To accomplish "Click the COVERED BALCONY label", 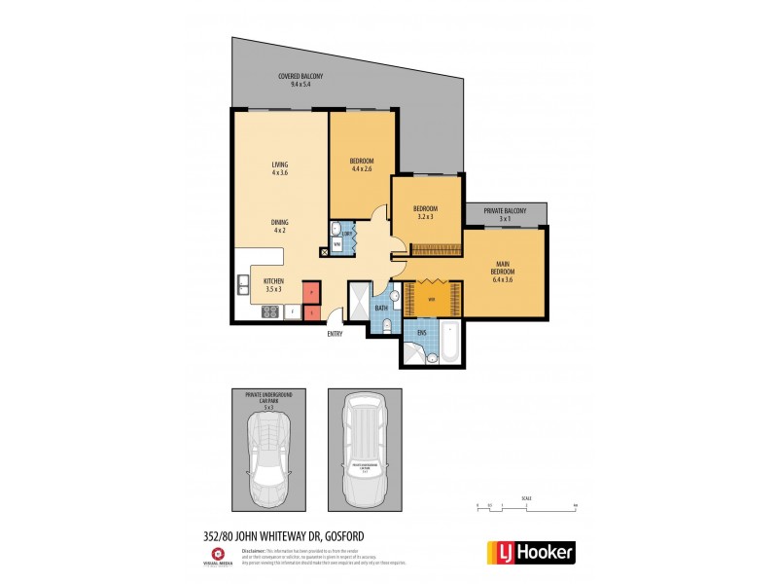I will (300, 80).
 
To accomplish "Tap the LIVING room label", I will (280, 169).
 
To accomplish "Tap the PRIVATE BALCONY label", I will (505, 215).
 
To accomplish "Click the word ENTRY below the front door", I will (335, 334).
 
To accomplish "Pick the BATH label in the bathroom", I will (381, 309).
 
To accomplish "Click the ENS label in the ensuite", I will (422, 332).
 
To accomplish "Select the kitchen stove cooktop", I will (269, 312).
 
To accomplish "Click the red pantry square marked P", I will (310, 291).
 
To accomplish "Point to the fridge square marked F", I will (310, 312).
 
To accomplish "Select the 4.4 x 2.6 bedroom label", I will (362, 164).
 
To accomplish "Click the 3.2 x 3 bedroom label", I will (425, 212).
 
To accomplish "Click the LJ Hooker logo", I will (529, 552).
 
